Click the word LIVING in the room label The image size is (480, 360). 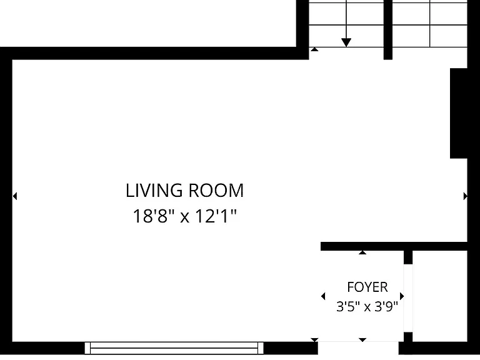click(154, 191)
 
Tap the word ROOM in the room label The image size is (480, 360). click(216, 191)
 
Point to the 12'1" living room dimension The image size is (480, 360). click(216, 216)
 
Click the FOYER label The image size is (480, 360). click(367, 287)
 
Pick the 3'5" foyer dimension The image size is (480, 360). click(347, 306)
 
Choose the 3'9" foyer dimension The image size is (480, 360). click(386, 306)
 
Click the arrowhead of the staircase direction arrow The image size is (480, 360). click(346, 42)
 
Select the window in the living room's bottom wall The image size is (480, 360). click(174, 348)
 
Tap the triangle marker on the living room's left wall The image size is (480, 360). click(15, 196)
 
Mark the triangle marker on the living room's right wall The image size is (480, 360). click(465, 196)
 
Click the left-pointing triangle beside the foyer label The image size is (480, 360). click(323, 296)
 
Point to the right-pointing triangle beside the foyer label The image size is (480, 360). click(402, 296)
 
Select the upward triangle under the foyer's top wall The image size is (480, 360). click(362, 252)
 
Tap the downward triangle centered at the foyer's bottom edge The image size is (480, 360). click(362, 340)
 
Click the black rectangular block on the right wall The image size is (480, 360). click(459, 113)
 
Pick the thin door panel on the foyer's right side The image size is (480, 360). click(408, 298)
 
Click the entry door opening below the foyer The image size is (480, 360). click(358, 348)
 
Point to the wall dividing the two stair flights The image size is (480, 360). click(388, 30)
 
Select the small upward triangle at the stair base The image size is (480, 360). click(314, 49)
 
